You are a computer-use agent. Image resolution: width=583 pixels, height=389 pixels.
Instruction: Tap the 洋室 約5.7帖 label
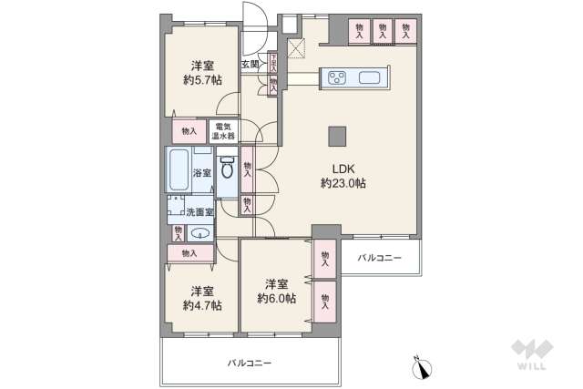201,72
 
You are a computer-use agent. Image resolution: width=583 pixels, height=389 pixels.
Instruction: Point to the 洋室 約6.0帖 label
275,290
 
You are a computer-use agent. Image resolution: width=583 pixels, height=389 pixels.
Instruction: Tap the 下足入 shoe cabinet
273,63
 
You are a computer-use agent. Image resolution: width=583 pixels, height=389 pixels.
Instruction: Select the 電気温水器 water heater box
222,131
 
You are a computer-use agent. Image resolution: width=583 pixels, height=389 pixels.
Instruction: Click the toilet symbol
228,169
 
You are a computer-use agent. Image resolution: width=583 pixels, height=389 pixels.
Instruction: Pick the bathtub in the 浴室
179,169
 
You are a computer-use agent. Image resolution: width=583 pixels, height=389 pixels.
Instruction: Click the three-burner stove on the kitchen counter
334,77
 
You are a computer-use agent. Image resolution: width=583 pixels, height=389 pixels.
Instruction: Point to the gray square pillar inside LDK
337,134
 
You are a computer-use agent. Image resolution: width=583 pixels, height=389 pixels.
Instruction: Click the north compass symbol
421,369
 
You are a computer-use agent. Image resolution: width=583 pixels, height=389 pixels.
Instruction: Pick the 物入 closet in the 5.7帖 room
189,131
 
